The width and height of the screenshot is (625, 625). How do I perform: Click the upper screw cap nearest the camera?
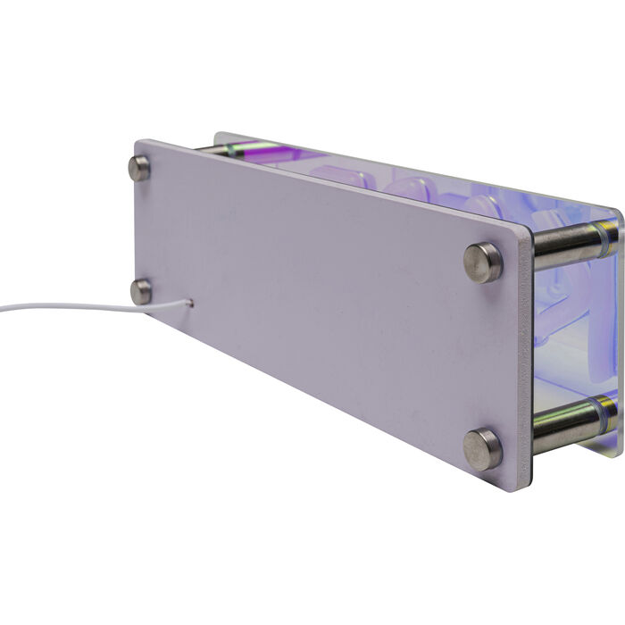pos(483,262)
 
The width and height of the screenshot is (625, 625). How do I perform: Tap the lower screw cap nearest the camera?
pos(482,449)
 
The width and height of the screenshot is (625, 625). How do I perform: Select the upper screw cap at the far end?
pos(139,168)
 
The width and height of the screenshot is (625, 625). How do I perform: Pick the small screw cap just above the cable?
pos(140,291)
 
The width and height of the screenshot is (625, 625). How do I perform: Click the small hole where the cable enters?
pos(190,304)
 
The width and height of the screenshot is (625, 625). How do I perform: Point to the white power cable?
pos(71,307)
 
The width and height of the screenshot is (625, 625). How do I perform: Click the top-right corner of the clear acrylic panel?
pos(618,211)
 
